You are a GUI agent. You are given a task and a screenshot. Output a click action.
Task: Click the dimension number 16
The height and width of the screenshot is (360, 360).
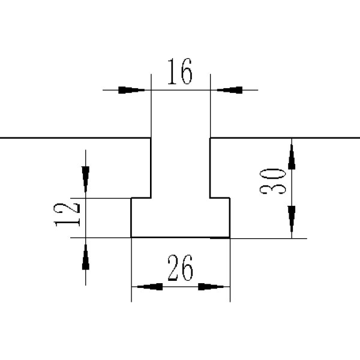coord(179,73)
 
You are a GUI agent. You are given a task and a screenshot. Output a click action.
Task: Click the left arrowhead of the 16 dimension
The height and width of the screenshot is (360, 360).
coord(131,90)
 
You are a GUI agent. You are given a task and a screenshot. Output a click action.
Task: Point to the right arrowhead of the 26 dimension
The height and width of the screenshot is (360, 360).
coord(215,287)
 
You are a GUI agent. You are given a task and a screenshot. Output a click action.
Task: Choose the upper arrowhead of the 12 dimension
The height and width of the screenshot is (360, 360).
coord(85,178)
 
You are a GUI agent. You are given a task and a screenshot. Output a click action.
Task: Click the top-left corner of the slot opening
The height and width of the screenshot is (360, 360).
coord(150,138)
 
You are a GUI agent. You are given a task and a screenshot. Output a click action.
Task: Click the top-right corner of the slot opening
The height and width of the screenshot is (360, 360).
coord(210,138)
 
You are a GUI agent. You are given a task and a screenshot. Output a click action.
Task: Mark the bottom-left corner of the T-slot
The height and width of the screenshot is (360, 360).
coord(131,238)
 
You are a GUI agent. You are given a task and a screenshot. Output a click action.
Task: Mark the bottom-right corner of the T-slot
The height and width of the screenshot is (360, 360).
coord(230,238)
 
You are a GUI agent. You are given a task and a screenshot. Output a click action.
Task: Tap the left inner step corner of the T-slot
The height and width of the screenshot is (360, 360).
coord(150,197)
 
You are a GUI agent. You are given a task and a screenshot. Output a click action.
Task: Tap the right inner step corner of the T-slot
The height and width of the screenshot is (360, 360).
coord(210,197)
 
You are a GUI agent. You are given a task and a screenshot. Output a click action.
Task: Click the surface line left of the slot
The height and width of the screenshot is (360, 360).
coord(72,138)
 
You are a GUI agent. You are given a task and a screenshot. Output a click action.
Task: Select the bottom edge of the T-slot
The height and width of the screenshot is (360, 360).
coord(180,238)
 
